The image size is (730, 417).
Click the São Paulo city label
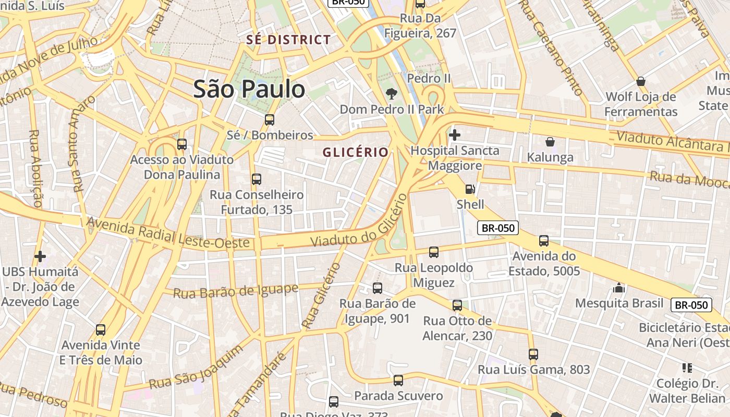(249, 89)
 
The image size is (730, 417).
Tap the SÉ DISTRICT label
(288, 40)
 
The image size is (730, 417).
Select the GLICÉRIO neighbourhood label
(356, 152)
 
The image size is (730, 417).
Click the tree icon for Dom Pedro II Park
(391, 94)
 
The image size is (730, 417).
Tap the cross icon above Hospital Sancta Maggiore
(454, 135)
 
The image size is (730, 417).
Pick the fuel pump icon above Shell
(470, 189)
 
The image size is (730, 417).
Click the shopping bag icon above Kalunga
(550, 142)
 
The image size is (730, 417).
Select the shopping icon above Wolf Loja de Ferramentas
(640, 81)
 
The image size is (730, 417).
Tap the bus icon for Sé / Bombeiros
(269, 119)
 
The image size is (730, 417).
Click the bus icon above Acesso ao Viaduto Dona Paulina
(181, 144)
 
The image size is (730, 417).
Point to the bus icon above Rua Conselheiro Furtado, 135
(256, 179)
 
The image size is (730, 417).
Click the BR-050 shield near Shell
(498, 228)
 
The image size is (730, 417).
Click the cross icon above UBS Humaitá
(40, 256)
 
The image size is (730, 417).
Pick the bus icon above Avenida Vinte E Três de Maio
(100, 330)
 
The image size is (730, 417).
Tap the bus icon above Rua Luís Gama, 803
(533, 354)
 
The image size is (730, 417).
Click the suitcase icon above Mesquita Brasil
(619, 288)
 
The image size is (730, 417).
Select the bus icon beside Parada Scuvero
(398, 381)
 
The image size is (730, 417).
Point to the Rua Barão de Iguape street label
(235, 291)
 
